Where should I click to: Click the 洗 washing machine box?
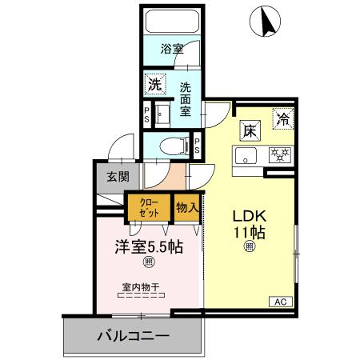click(x=154, y=85)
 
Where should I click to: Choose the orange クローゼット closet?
click(x=148, y=209)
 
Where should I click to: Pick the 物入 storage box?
click(x=185, y=208)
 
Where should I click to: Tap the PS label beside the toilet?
click(x=197, y=146)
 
